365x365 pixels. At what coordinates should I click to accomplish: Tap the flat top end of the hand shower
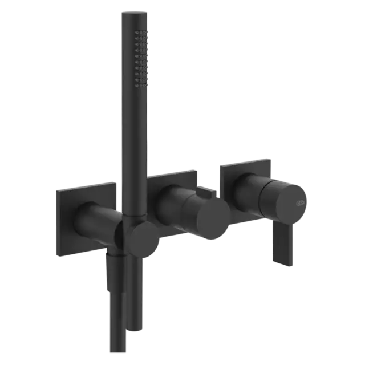click(x=133, y=13)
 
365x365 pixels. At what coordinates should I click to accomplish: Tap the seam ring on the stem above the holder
click(x=135, y=216)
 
